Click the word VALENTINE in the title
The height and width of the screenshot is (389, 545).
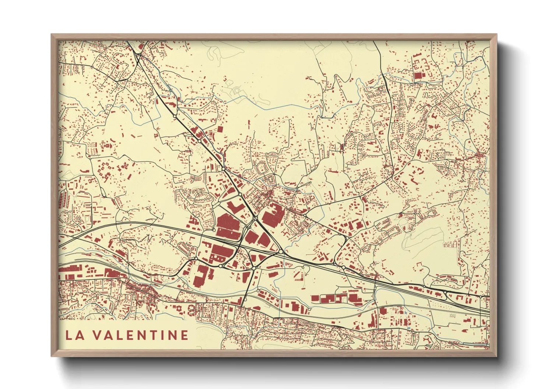(x=140, y=335)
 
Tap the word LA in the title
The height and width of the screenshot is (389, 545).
(x=74, y=335)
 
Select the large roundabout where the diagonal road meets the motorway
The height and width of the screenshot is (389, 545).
(x=281, y=252)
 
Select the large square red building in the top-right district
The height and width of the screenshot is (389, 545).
(x=418, y=76)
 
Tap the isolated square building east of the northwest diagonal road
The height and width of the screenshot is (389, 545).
(x=220, y=129)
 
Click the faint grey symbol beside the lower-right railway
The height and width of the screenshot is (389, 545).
(x=453, y=315)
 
